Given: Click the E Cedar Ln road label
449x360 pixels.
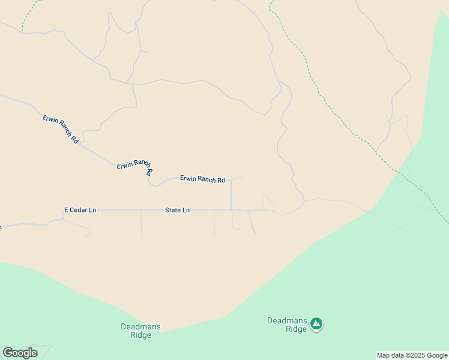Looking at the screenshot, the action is coord(80,210).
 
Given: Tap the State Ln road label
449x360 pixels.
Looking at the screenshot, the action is coord(177,210).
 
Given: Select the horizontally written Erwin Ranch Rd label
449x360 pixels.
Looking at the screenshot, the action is coord(202,179).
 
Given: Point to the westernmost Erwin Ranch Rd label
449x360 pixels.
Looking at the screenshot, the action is coord(61,128).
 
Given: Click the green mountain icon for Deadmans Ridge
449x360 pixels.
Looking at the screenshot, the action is coord(316,325).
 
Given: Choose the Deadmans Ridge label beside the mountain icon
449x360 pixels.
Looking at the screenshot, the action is coord(287,325).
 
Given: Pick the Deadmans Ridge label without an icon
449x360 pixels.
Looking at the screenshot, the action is coord(140,331).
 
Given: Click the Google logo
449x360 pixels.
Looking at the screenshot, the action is coord(20,353).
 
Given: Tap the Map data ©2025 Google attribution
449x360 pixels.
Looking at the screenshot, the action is coord(412,355).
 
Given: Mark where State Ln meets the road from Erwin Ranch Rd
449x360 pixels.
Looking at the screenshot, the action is coord(231,210).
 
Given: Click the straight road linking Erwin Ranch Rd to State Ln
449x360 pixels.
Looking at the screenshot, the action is coord(231,195).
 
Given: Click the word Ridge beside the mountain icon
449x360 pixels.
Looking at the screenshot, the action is coord(296,329).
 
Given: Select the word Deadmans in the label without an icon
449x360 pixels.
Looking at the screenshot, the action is coord(140,326).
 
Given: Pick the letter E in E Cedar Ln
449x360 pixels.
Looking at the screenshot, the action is coord(66,210).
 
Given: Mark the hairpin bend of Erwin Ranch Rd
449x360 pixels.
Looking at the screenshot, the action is coord(151,182).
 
